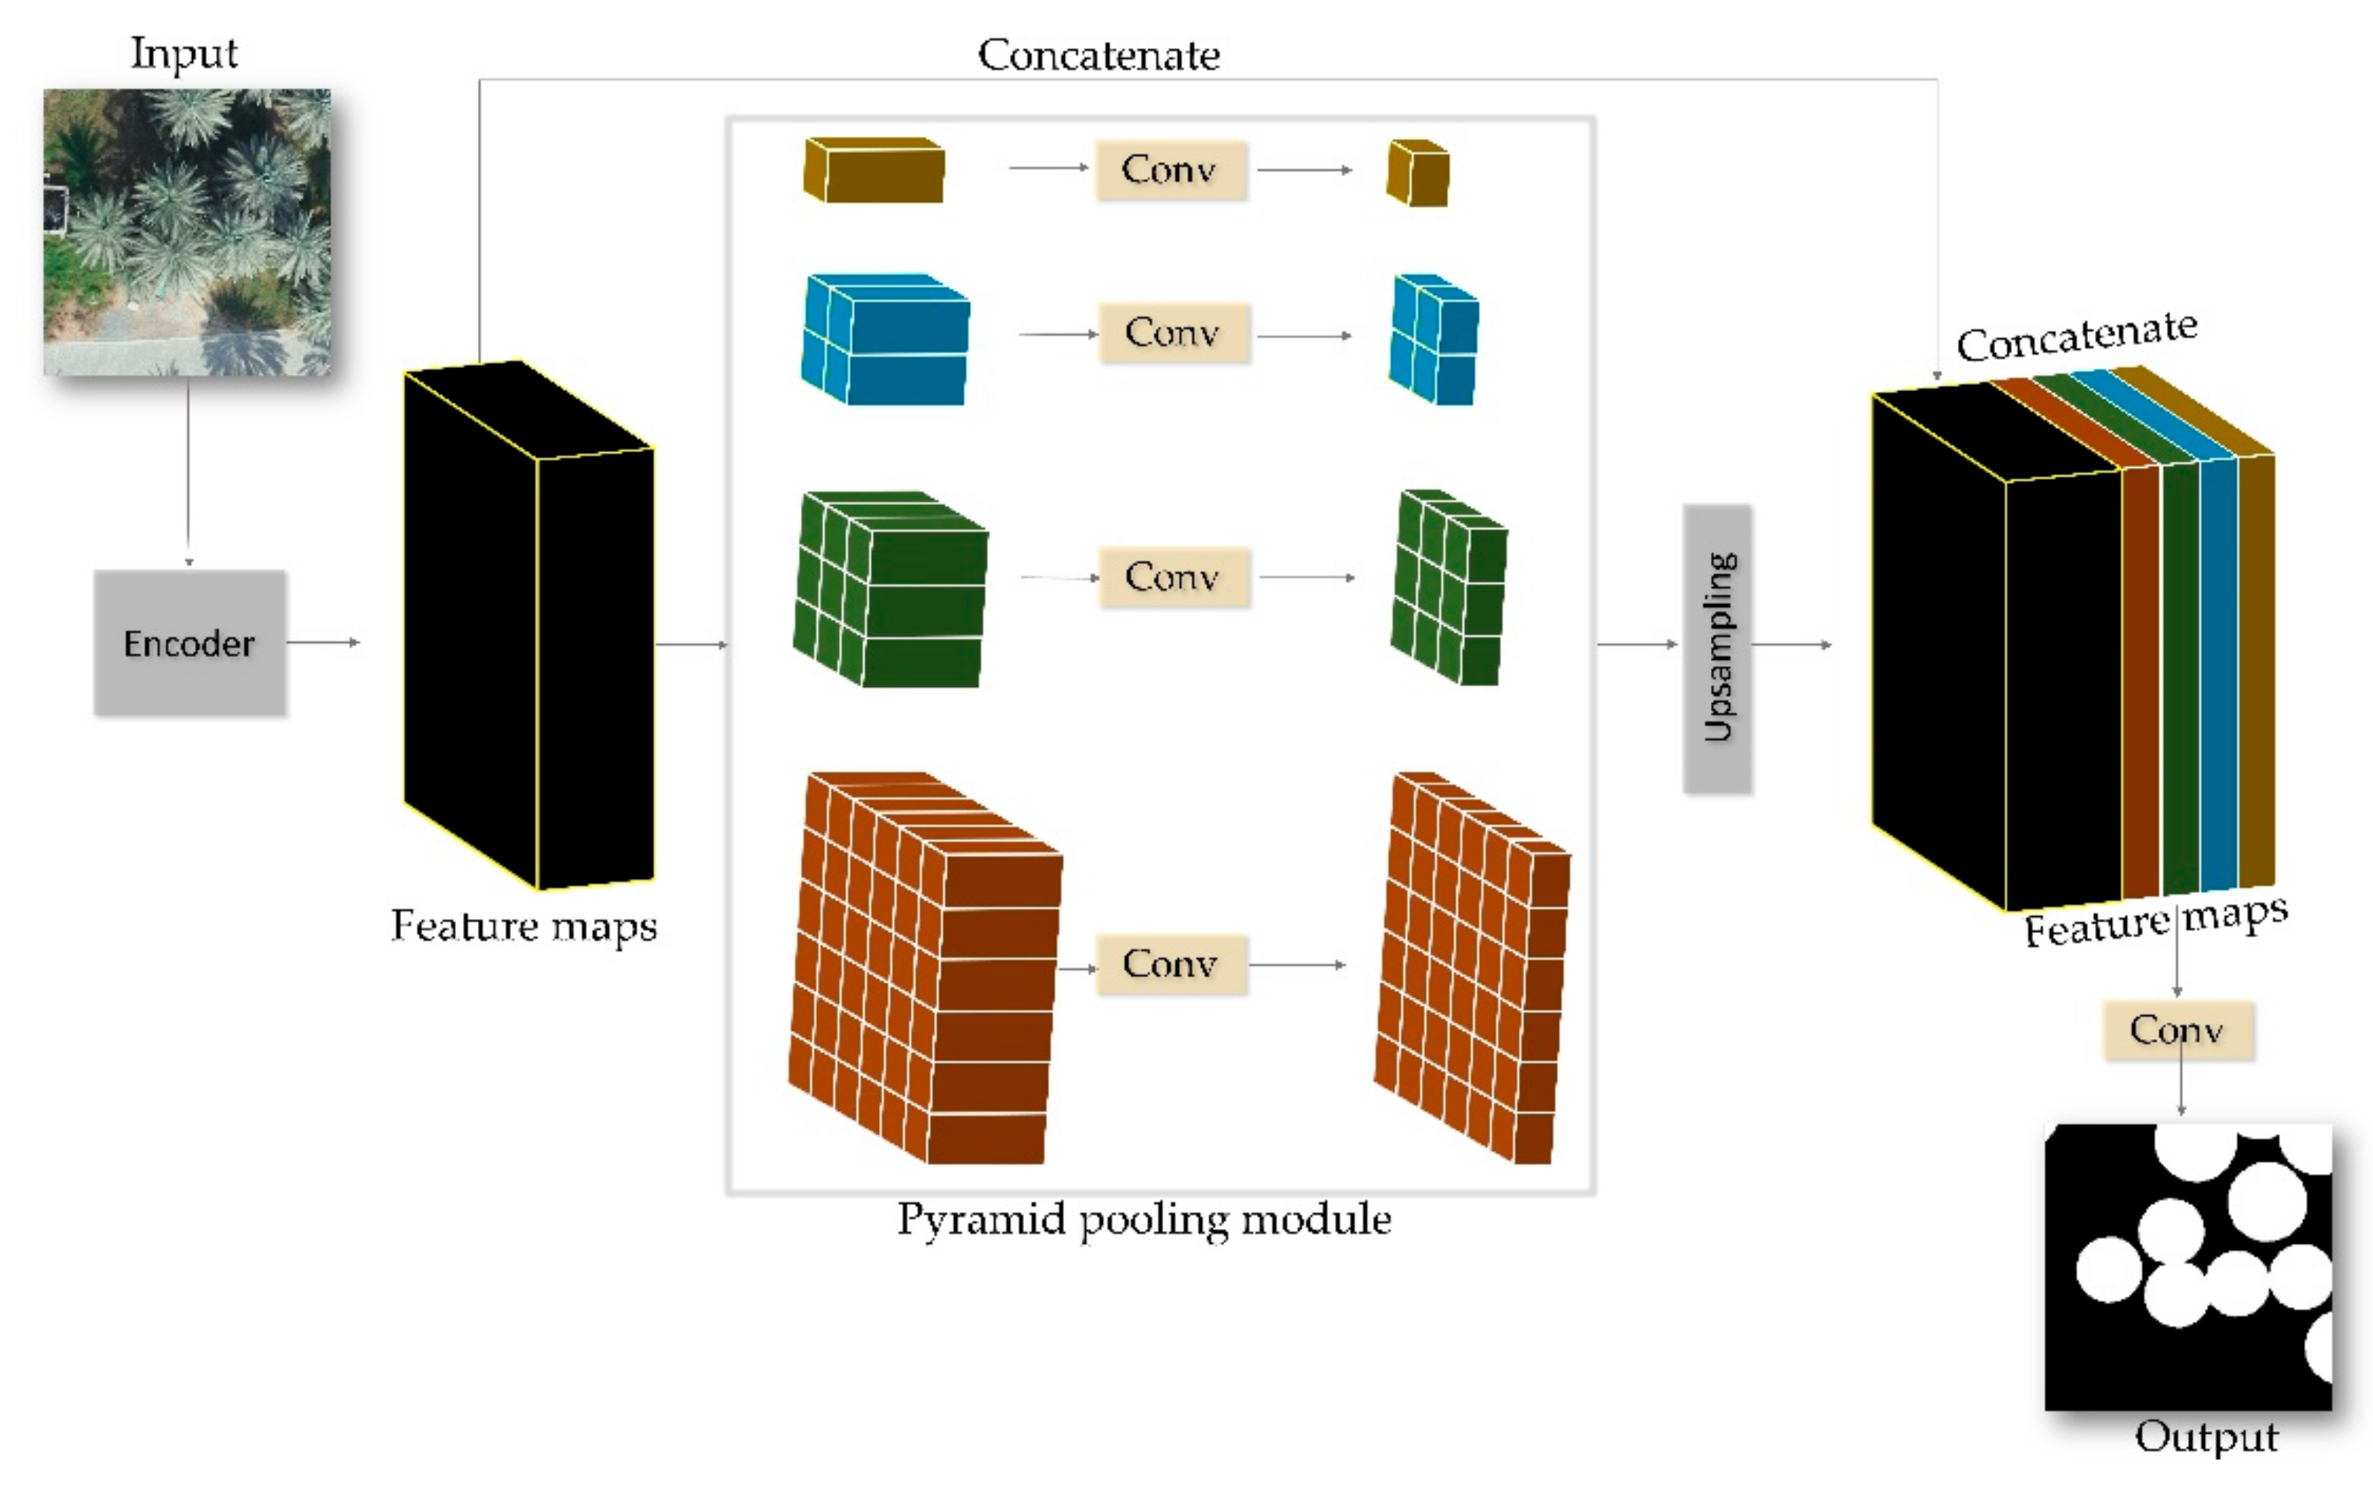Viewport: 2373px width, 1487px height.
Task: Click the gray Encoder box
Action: coord(190,642)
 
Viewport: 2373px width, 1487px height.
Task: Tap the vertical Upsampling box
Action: coord(1716,648)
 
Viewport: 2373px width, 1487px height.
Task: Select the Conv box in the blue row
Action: coord(1173,332)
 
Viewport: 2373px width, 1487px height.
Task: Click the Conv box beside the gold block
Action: coord(1170,170)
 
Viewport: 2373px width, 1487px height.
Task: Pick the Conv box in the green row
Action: coord(1173,576)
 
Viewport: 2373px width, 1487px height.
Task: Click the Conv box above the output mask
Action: coord(2177,1030)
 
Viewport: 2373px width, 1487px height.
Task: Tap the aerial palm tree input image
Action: coord(187,232)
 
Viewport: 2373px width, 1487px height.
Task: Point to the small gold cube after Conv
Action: coord(1417,173)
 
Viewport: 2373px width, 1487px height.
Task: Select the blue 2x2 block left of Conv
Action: coord(885,339)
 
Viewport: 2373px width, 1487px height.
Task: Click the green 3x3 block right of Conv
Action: coord(1447,588)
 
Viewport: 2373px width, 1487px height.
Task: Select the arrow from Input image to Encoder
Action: coord(188,472)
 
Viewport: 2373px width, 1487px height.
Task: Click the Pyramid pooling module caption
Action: coord(1144,1220)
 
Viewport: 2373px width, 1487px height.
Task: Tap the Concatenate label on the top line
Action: coord(1098,55)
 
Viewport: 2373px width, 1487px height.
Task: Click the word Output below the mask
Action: coord(2206,1437)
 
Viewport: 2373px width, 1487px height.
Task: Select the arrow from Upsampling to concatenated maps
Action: coord(1791,644)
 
